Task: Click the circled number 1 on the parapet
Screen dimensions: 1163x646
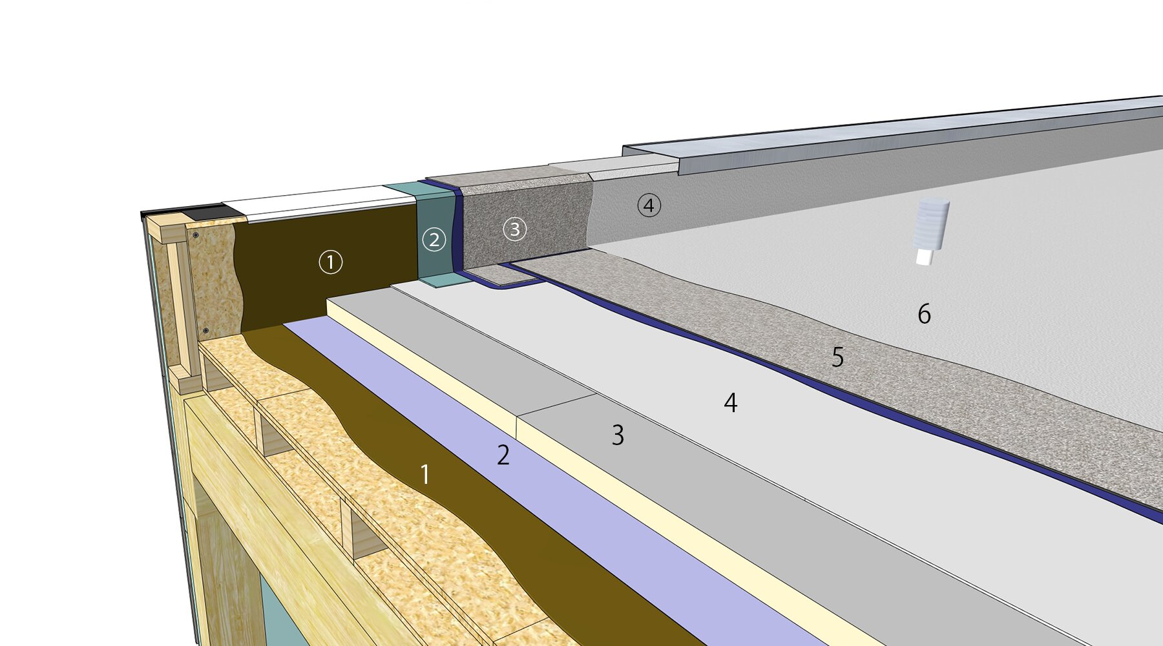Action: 331,262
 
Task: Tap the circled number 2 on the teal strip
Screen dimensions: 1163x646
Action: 434,240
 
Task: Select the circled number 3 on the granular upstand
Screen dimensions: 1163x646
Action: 515,229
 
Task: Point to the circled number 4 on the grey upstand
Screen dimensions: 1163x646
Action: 649,205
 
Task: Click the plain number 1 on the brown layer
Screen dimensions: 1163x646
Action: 425,475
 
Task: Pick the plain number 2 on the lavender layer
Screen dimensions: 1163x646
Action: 503,455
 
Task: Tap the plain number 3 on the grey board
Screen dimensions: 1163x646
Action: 618,435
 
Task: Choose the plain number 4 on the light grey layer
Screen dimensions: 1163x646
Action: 731,402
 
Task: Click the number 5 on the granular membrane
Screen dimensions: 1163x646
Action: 838,357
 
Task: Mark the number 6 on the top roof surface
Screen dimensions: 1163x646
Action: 925,314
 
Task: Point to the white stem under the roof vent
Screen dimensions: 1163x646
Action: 924,257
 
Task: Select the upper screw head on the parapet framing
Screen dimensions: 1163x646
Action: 196,235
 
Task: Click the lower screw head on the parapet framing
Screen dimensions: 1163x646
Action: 205,331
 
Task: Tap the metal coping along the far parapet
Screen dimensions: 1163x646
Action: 905,134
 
